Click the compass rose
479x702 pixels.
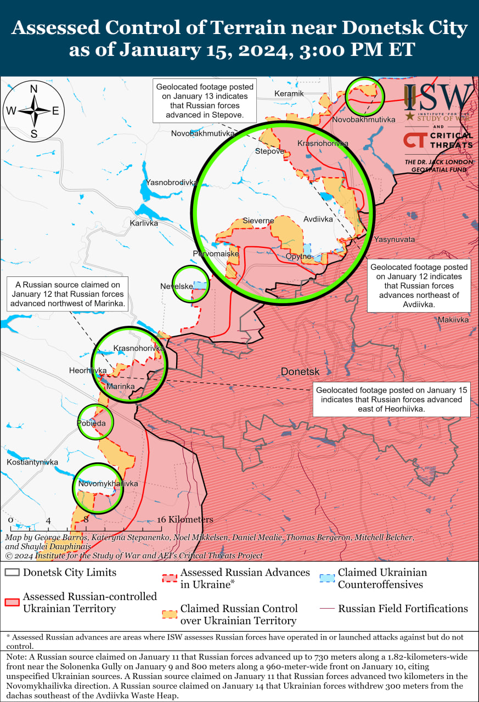click(x=33, y=110)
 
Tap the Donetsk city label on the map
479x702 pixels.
click(x=300, y=371)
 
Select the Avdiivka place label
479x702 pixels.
click(x=318, y=219)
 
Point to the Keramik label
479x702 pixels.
click(x=289, y=93)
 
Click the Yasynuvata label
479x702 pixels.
click(x=395, y=240)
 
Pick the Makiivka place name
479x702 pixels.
click(x=453, y=320)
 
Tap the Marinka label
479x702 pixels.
click(x=120, y=387)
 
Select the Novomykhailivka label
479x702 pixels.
click(x=108, y=484)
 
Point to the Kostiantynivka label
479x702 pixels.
click(x=32, y=462)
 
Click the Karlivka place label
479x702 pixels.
click(x=144, y=223)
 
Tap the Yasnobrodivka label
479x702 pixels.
click(x=171, y=182)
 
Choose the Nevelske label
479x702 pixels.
click(x=176, y=286)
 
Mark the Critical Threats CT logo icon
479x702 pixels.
click(x=413, y=140)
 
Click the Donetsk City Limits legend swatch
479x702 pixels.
click(x=12, y=573)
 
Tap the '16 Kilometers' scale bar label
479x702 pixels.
click(x=185, y=519)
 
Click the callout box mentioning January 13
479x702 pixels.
click(x=205, y=101)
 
